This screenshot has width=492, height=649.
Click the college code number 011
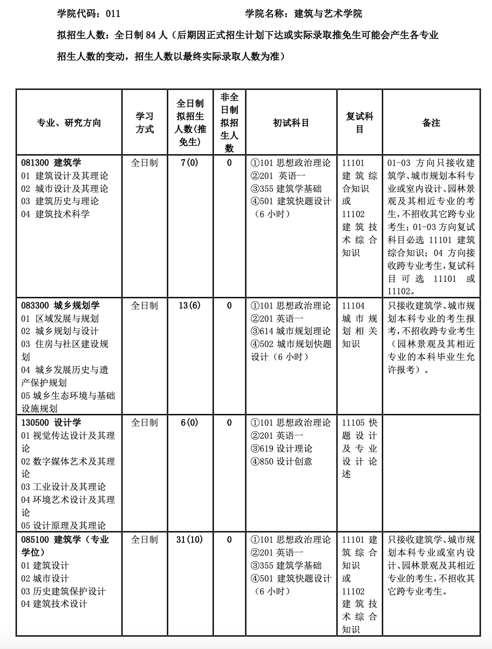pos(113,14)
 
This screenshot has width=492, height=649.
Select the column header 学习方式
pos(145,123)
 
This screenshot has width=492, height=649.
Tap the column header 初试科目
pos(291,123)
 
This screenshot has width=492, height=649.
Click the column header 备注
pos(431,123)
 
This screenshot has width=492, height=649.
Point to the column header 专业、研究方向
pos(69,123)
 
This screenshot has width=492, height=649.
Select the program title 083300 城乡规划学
pos(60,306)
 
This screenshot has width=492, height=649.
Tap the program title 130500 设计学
pos(51,423)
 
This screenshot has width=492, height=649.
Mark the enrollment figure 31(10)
pos(190,540)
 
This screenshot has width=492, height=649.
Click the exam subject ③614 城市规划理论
pos(291,331)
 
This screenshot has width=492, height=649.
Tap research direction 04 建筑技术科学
pos(56,214)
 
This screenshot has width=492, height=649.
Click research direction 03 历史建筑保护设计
pos(63,591)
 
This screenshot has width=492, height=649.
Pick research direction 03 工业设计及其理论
pos(63,487)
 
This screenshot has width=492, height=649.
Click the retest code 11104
pos(353,306)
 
